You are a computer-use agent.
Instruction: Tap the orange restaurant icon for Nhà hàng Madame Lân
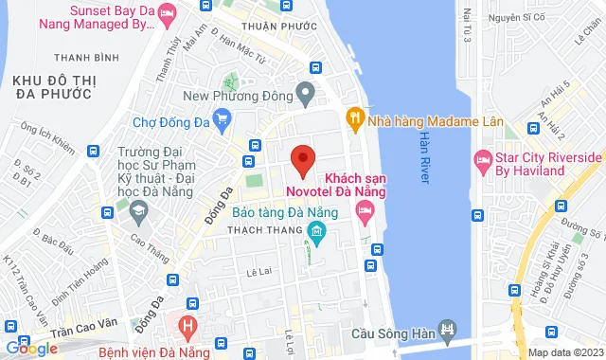[355, 117]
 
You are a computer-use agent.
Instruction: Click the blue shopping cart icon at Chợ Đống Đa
[223, 118]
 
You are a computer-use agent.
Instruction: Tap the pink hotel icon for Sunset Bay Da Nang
[167, 13]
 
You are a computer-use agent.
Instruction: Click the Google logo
[30, 348]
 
